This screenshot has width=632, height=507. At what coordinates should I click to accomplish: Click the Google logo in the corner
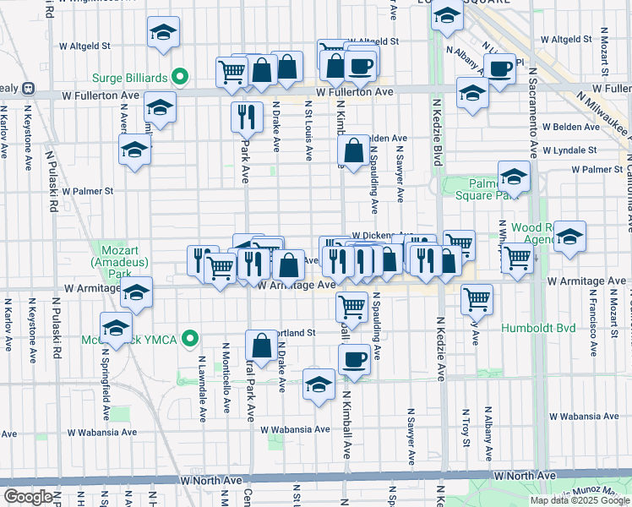click(27, 497)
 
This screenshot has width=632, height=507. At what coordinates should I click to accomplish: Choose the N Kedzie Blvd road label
click(438, 128)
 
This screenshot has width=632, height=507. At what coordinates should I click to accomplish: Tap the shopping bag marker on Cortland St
click(261, 345)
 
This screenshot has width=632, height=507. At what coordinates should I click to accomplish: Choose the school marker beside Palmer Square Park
click(513, 177)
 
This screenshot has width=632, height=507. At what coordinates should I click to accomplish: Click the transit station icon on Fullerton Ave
click(28, 88)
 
